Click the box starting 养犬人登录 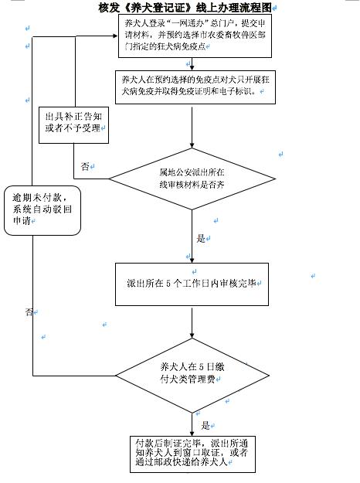point(191,35)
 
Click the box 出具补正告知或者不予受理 point(73,121)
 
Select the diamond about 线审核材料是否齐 point(191,179)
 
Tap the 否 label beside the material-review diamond point(85,166)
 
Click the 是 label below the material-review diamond point(202,239)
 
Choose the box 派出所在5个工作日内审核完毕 point(191,283)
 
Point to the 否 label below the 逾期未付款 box point(29,312)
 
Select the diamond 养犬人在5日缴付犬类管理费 point(191,373)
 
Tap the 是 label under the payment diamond point(205,425)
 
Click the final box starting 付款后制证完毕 point(191,452)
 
